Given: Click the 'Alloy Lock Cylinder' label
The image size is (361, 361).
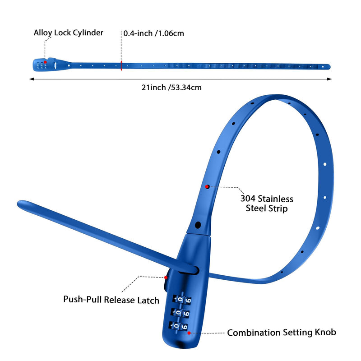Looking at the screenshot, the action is [x=69, y=32].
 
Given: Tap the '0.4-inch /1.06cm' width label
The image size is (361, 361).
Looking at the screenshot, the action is [x=153, y=33].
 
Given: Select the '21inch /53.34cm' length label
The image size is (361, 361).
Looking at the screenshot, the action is [x=171, y=88].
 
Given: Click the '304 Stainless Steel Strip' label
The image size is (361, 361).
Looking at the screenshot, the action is [x=267, y=204].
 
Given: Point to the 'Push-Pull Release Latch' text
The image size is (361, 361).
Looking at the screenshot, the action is [x=111, y=300].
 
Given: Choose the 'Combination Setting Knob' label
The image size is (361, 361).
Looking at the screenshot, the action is [x=282, y=333].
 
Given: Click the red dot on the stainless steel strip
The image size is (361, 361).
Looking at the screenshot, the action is [x=207, y=187].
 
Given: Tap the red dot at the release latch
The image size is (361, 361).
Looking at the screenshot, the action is [x=166, y=278].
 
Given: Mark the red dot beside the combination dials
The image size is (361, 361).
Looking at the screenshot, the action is [x=189, y=333].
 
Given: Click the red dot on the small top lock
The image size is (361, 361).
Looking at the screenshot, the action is [x=46, y=62].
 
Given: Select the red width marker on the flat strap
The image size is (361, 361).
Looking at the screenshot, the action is [x=121, y=66].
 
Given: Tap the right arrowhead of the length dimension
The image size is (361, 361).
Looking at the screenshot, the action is [x=329, y=79].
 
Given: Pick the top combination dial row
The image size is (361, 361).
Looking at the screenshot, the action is [x=182, y=299].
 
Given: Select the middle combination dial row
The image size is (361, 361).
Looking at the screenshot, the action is [x=180, y=313].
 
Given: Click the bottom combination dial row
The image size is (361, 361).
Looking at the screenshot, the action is [x=178, y=326].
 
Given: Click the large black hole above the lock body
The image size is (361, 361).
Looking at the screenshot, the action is [x=198, y=225].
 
